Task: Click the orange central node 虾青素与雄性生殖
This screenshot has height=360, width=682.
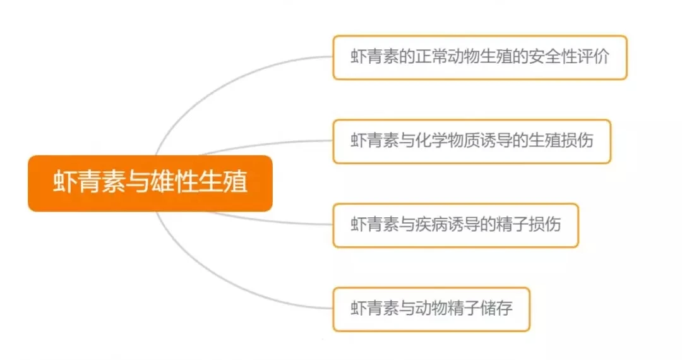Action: click(x=150, y=183)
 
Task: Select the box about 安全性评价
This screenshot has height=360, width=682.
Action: click(x=480, y=57)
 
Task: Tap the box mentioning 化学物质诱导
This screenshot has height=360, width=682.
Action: click(x=472, y=141)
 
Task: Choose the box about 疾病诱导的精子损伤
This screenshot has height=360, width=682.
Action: click(x=455, y=225)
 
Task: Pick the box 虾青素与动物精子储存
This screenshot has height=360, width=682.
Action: click(x=431, y=309)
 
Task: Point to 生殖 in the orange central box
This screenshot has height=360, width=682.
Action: click(x=223, y=183)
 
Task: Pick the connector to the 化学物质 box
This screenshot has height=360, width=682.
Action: click(x=265, y=145)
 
